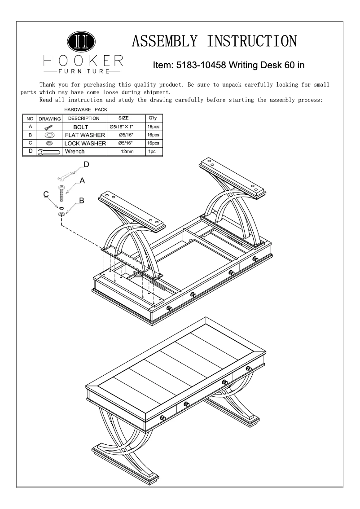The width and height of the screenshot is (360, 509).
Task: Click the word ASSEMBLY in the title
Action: tap(165, 41)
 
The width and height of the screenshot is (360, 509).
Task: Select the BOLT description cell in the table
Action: tap(83, 127)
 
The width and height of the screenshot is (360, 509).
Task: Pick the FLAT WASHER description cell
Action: tap(85, 135)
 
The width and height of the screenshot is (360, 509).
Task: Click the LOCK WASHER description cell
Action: tap(85, 143)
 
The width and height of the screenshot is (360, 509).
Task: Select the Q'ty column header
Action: tap(152, 118)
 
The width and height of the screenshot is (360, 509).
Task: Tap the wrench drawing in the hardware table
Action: tap(49, 152)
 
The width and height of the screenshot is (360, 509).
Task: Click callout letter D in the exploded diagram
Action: tap(86, 165)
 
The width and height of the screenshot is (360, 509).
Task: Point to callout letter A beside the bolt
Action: tap(82, 180)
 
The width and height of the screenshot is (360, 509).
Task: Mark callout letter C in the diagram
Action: tap(46, 194)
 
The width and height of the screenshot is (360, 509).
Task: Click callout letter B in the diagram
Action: tap(82, 201)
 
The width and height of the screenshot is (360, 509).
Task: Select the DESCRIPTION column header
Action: tap(83, 118)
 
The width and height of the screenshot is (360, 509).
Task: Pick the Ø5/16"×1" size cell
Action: tap(125, 127)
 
